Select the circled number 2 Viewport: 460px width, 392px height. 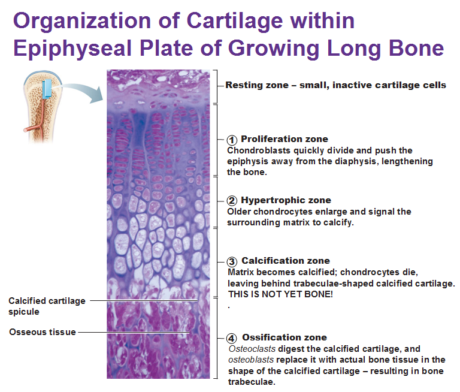[232, 201]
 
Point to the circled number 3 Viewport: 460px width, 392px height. [232, 262]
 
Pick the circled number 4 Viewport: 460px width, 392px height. [232, 338]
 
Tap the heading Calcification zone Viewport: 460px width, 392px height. [285, 261]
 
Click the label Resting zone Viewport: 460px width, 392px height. [252, 85]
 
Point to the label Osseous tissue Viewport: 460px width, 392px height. [42, 331]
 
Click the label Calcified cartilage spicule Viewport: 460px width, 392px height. [47, 306]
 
